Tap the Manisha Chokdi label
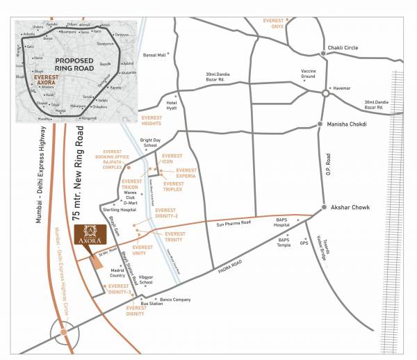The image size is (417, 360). [x=352, y=124]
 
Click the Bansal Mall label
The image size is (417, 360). [x=155, y=54]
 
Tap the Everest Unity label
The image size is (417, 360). [x=143, y=250]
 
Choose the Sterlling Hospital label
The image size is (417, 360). [x=117, y=208]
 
